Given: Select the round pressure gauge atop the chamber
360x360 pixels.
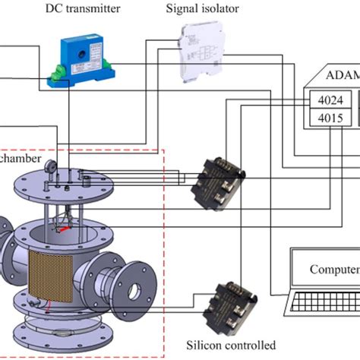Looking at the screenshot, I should (47, 165).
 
